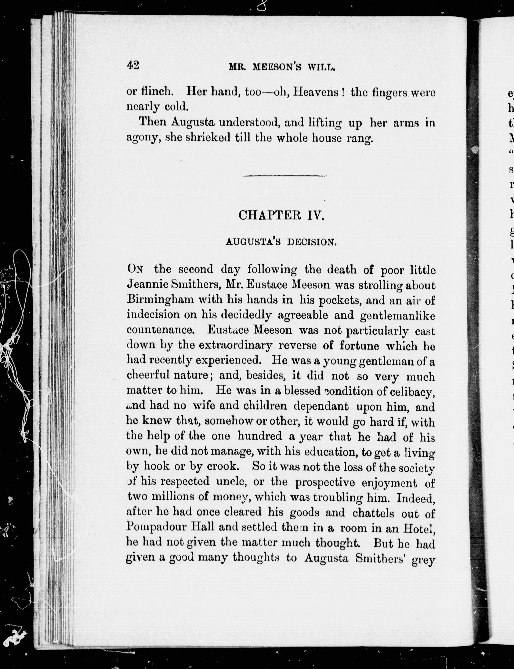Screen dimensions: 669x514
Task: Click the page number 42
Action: [x=133, y=65]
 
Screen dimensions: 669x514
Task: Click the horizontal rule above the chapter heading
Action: [x=284, y=176]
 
